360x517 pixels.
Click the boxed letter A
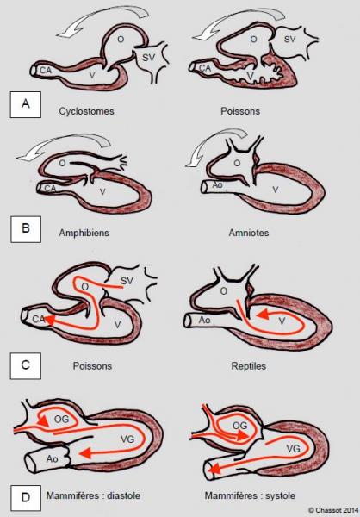pyautogui.click(x=26, y=104)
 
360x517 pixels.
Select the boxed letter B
pyautogui.click(x=26, y=229)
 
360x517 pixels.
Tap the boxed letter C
pyautogui.click(x=26, y=365)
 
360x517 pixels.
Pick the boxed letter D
pyautogui.click(x=26, y=497)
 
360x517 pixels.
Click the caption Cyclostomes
pyautogui.click(x=86, y=111)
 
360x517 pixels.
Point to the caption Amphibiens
pyautogui.click(x=84, y=233)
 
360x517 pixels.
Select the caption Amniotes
pyautogui.click(x=249, y=233)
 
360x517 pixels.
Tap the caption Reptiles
pyautogui.click(x=249, y=366)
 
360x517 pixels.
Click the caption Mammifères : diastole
pyautogui.click(x=93, y=495)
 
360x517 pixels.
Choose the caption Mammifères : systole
pyautogui.click(x=250, y=495)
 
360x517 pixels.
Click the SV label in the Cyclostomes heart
pyautogui.click(x=148, y=58)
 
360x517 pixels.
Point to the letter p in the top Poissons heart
pyautogui.click(x=253, y=40)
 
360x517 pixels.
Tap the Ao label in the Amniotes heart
pyautogui.click(x=217, y=185)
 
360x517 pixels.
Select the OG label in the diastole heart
pyautogui.click(x=61, y=419)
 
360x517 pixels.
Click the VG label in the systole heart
pyautogui.click(x=293, y=448)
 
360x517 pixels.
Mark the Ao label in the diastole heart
pyautogui.click(x=52, y=458)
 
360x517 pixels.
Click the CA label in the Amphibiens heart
pyautogui.click(x=50, y=188)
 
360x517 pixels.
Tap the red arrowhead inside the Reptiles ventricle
pyautogui.click(x=263, y=315)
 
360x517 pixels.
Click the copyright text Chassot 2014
pyautogui.click(x=333, y=510)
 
